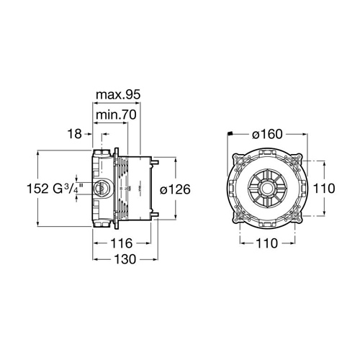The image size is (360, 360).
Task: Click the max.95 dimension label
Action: [x=118, y=95]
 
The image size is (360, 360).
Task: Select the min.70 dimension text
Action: [x=116, y=115]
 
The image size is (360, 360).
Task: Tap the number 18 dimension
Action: [x=74, y=134]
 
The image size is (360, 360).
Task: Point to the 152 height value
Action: [x=37, y=189]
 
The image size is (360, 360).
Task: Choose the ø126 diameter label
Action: [x=175, y=189]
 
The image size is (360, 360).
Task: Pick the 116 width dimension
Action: [x=122, y=243]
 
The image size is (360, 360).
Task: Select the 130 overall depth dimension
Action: [x=125, y=259]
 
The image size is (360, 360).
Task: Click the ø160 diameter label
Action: [x=267, y=134]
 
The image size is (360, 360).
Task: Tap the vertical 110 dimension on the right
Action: [x=324, y=189]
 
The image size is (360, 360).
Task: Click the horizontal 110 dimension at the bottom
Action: [x=266, y=243]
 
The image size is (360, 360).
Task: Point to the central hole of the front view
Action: [x=267, y=189]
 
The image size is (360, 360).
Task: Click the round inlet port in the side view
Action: [x=101, y=188]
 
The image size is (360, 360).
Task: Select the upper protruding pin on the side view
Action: [x=154, y=161]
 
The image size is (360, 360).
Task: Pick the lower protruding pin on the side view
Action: [x=154, y=215]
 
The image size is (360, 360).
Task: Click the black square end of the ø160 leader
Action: [x=230, y=133]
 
